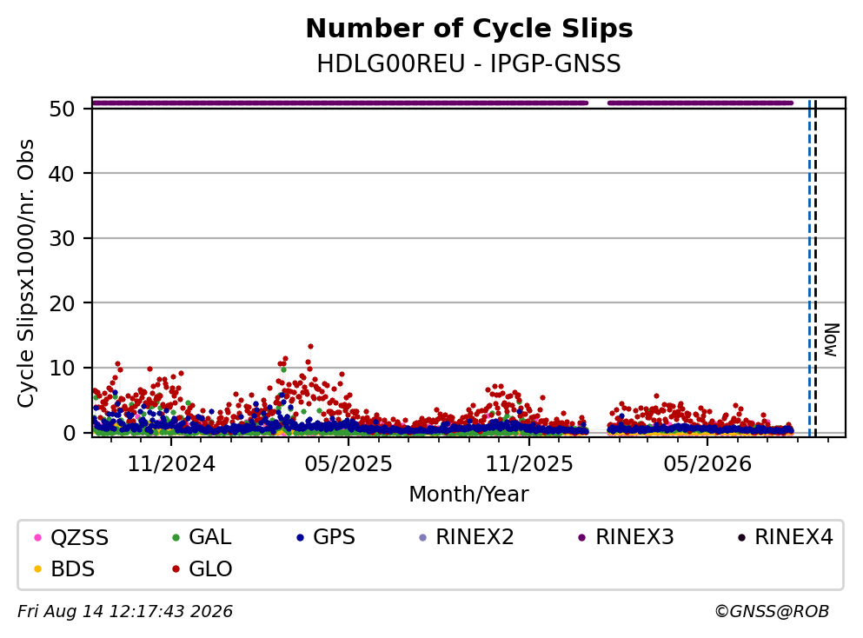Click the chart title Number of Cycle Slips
pos(469,29)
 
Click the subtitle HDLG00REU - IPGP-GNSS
pos(469,63)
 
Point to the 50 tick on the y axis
pos(62,109)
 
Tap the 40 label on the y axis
pos(62,174)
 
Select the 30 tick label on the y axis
pos(62,238)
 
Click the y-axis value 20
pos(62,303)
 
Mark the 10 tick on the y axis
pos(62,368)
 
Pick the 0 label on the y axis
pos(69,433)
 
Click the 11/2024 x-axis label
pos(171,464)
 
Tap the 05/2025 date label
pos(349,464)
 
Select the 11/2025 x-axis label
pos(529,464)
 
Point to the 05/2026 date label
pos(707,464)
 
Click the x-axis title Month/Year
pos(469,495)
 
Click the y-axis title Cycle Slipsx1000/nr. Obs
pos(25,273)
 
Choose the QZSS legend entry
pos(71,537)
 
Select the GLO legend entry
pos(202,568)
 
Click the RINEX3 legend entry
pos(626,537)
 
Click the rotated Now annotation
pos(831,340)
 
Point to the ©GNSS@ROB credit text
pos(772,611)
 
